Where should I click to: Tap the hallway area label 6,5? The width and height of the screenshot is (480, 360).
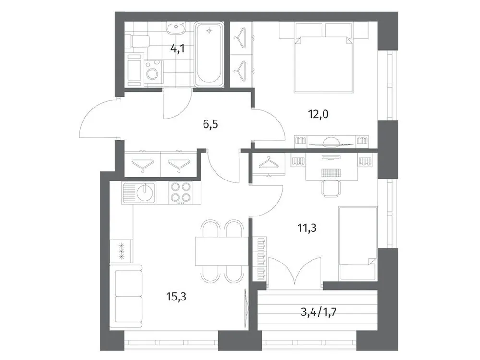pyautogui.click(x=209, y=125)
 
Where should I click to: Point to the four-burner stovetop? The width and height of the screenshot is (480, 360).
pyautogui.click(x=181, y=193)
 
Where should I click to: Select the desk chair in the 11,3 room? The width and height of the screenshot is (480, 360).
pyautogui.click(x=330, y=188)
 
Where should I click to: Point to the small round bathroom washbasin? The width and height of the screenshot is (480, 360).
pyautogui.click(x=175, y=29)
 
